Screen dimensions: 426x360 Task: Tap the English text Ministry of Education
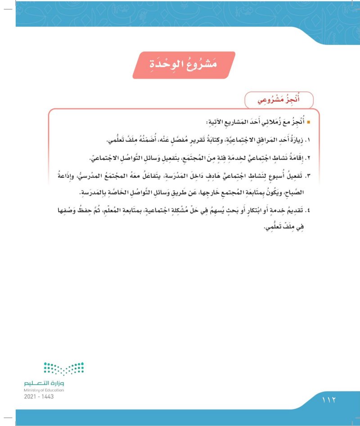coord(45,390)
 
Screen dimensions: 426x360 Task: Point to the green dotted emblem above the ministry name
coord(64,368)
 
